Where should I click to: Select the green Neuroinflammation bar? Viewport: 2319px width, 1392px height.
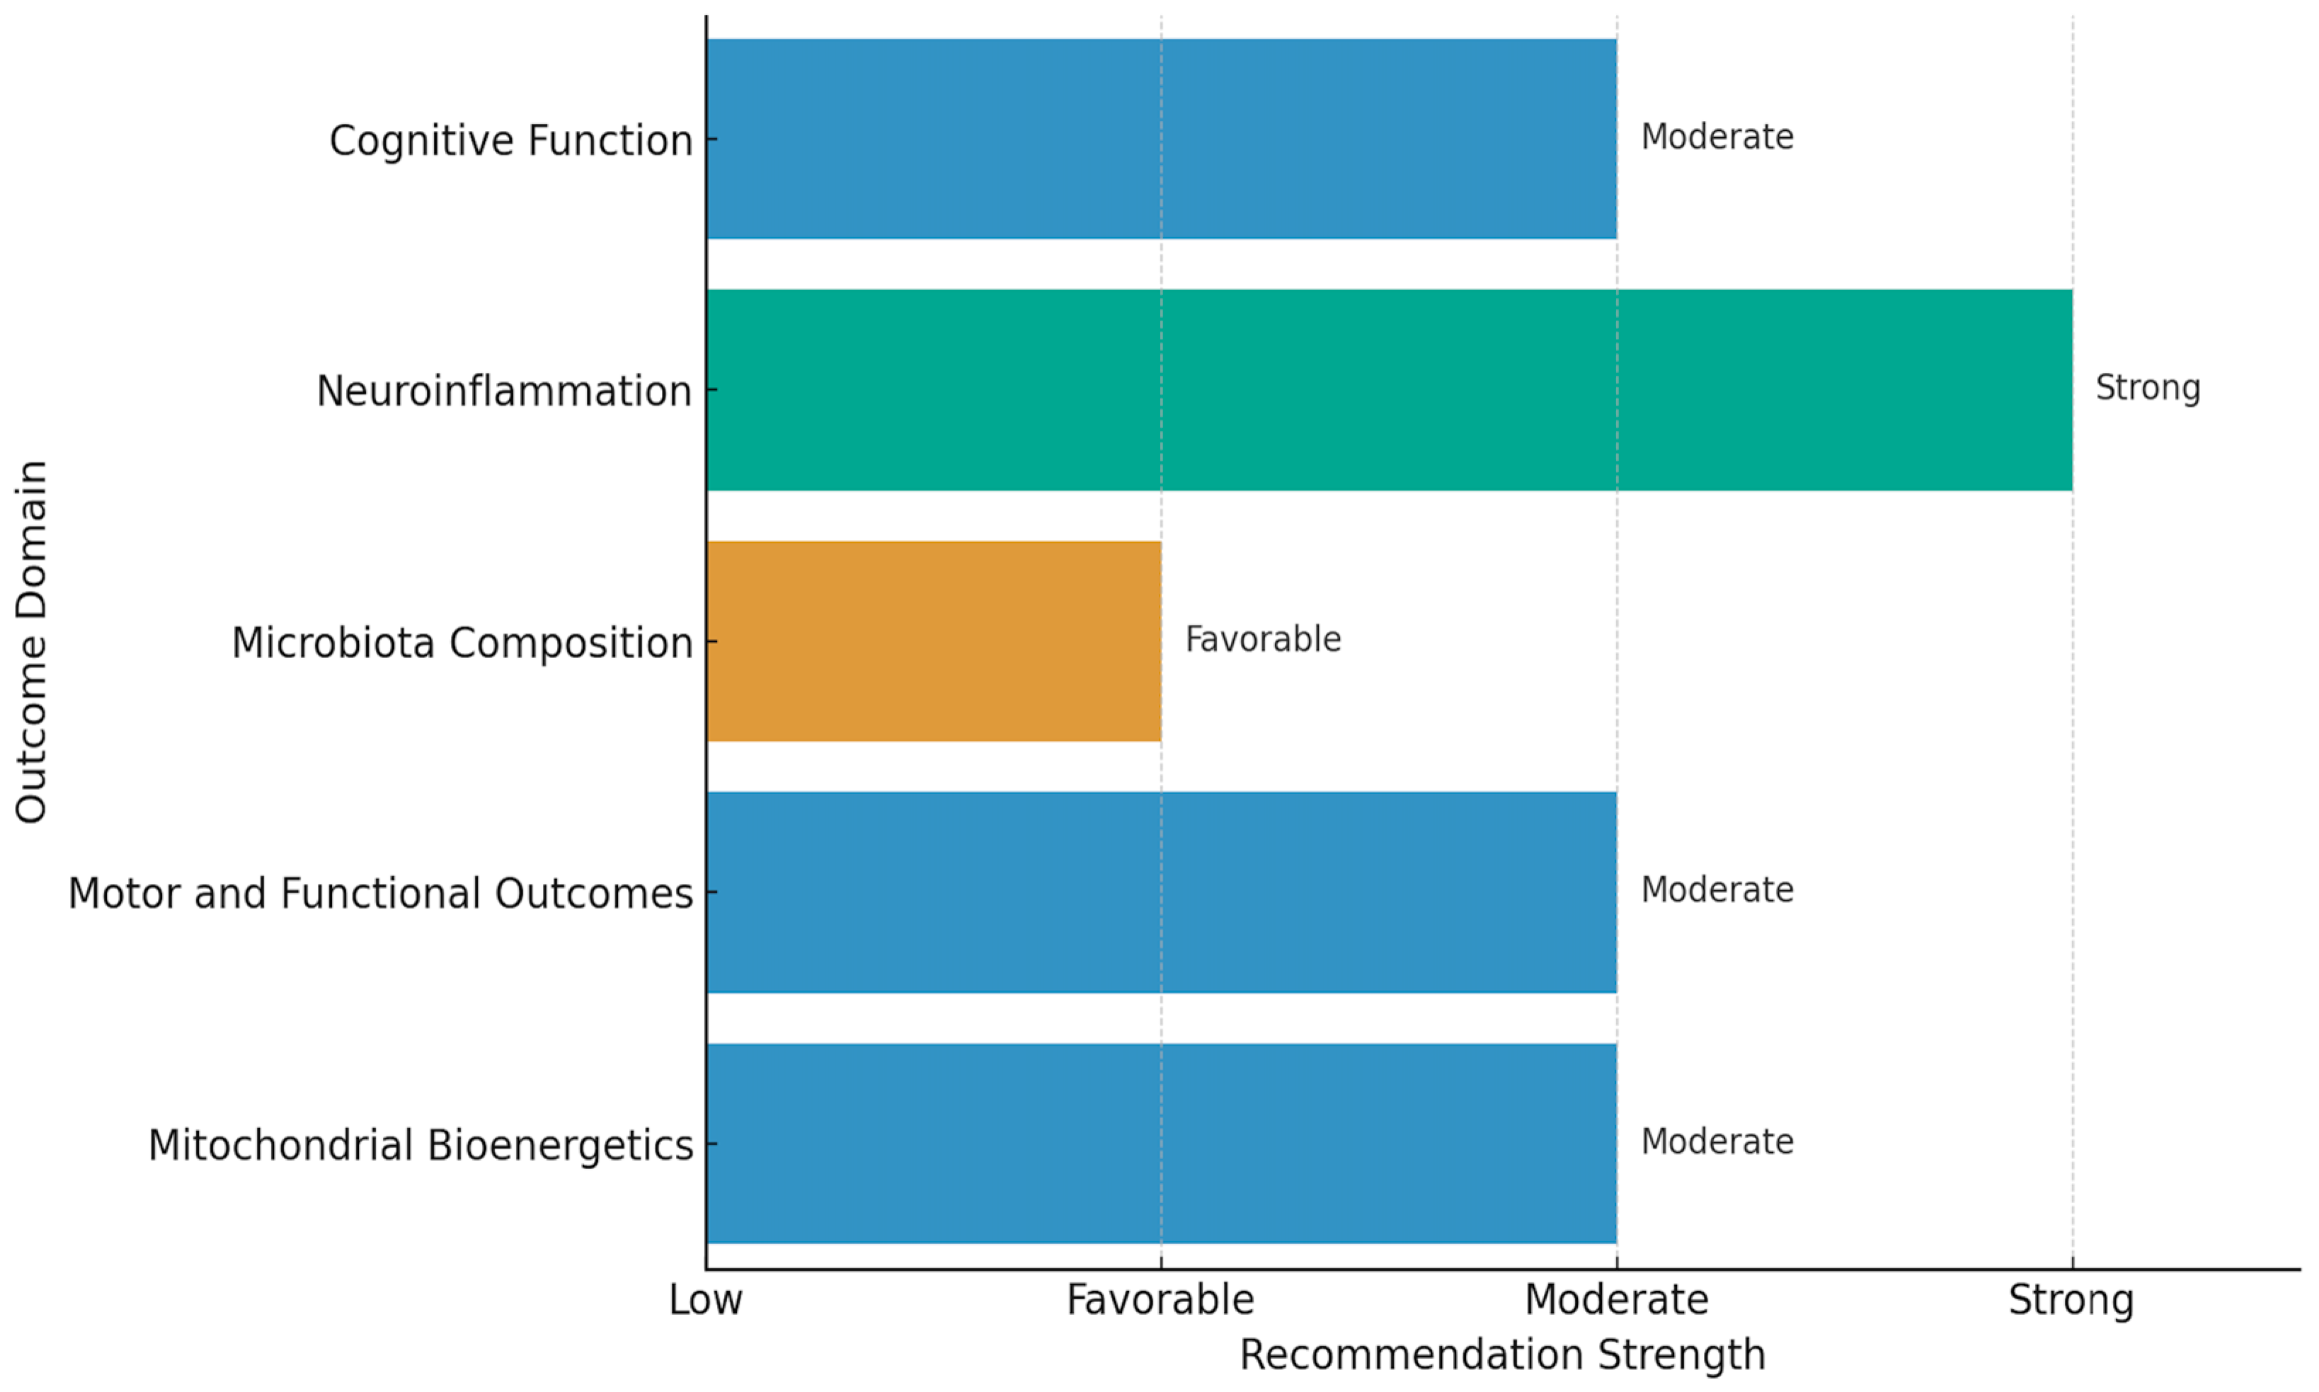point(1388,390)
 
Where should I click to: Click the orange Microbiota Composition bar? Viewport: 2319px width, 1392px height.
point(934,642)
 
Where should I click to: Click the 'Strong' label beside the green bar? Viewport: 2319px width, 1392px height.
point(2147,387)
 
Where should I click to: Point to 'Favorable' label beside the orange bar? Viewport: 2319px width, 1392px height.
point(1263,640)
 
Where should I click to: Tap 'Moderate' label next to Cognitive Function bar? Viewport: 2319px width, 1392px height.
point(1717,137)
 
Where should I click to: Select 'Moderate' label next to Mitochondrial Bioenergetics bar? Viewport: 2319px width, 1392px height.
point(1717,1141)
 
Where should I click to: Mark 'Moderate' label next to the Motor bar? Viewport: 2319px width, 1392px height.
point(1717,890)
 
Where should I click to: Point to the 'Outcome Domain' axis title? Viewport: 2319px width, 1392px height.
point(31,642)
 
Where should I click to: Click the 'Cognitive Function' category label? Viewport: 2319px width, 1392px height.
point(510,141)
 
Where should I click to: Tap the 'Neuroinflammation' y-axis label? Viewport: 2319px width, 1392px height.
point(504,391)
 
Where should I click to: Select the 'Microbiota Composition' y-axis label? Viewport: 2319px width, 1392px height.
point(462,643)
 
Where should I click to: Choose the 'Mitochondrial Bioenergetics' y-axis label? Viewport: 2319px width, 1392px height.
point(420,1145)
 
